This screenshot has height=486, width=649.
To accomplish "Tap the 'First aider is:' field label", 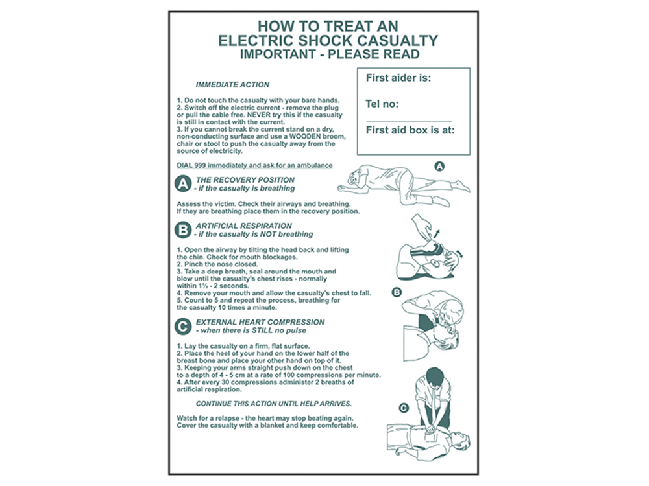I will coord(398,78).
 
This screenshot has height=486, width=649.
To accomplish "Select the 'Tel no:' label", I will coord(382,104).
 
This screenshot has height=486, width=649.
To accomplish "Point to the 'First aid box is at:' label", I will coord(410,130).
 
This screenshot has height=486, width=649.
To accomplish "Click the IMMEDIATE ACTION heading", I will coord(232,85).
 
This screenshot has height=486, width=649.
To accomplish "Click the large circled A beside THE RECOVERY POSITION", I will coord(184,185).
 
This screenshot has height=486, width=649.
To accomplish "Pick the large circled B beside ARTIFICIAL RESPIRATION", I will coord(184,230).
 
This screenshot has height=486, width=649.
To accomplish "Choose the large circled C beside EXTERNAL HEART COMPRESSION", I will coord(184,327).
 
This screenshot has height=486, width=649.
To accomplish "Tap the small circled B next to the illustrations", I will coord(397,292).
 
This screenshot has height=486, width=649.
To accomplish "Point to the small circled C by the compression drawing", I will coord(403,408).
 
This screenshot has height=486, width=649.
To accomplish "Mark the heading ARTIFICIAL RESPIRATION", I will coord(243,226).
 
